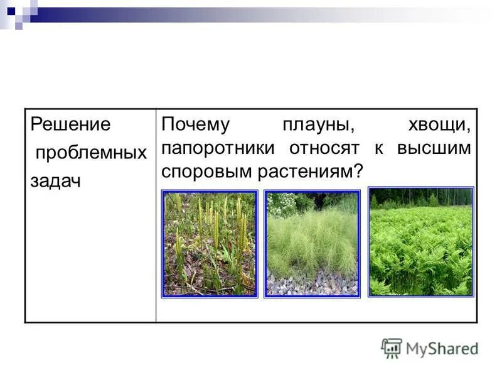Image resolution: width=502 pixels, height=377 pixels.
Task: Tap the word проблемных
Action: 91,153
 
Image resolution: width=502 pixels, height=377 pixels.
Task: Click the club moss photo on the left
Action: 209,244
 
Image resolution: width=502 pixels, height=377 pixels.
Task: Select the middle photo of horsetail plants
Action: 312,244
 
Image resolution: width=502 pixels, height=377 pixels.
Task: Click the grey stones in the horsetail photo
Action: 312,284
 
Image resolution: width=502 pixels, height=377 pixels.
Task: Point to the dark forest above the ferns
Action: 420,197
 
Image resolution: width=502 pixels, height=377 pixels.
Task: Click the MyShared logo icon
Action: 392,347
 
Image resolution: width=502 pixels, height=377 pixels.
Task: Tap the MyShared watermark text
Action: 442,349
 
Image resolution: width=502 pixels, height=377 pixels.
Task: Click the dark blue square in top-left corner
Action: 11,9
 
